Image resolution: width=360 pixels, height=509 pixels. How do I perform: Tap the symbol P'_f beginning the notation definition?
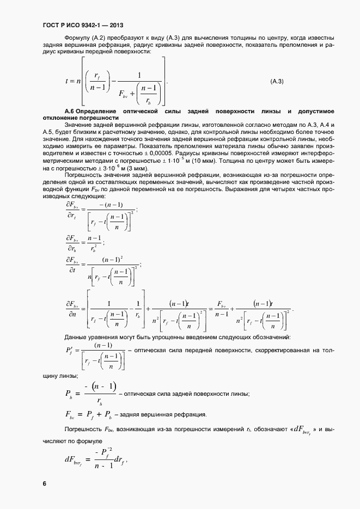click(71, 352)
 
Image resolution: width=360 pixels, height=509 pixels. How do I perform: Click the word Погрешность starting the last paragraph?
click(82, 430)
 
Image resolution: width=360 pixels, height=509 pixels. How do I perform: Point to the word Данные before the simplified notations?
click(76, 338)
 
